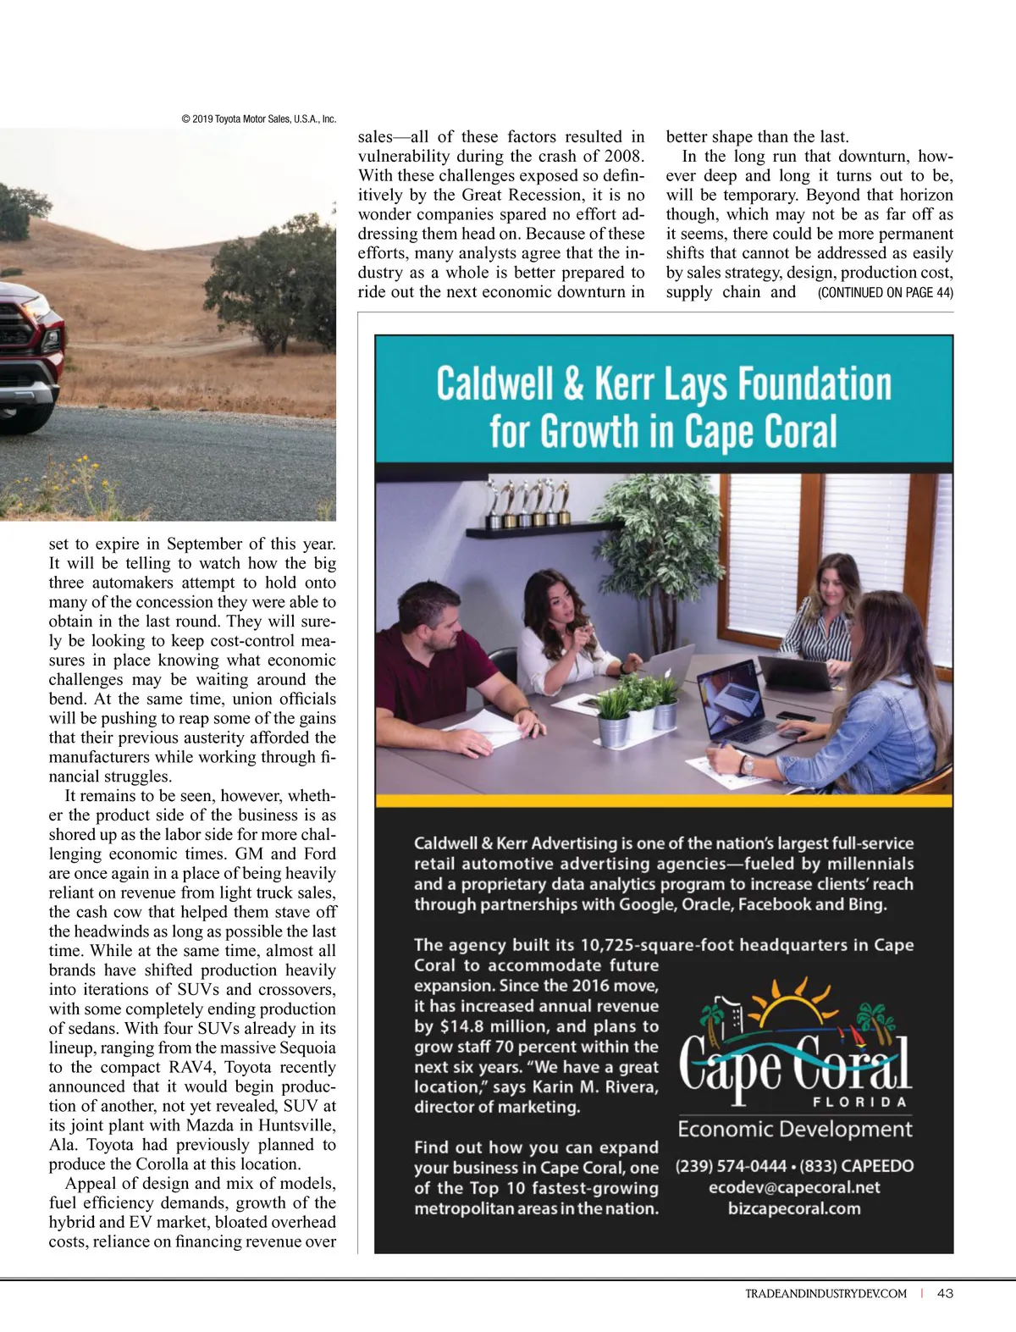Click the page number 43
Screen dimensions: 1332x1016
pyautogui.click(x=946, y=1293)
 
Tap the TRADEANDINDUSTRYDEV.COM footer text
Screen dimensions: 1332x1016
pyautogui.click(x=825, y=1294)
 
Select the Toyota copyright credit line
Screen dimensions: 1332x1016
pyautogui.click(x=258, y=119)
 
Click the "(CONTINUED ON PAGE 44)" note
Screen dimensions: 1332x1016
pyautogui.click(x=885, y=293)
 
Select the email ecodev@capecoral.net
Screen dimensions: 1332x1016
pyautogui.click(x=794, y=1187)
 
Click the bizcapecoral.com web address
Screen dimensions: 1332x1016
pyautogui.click(x=794, y=1208)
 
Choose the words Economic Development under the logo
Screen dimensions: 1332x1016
pyautogui.click(x=794, y=1129)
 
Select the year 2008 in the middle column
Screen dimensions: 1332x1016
pyautogui.click(x=625, y=157)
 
